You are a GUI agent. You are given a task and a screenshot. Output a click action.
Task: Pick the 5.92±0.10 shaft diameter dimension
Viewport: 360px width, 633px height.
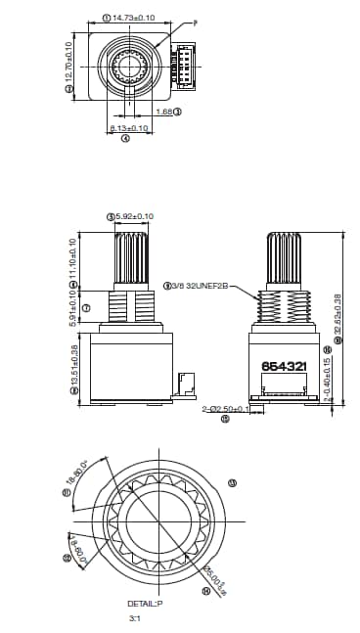[x=134, y=216]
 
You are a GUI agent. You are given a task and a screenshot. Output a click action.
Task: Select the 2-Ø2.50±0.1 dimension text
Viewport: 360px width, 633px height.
[x=226, y=409]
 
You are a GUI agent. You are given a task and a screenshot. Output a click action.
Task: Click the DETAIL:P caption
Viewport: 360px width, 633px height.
[x=145, y=604]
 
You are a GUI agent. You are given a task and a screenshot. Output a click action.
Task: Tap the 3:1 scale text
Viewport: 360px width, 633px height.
[x=134, y=618]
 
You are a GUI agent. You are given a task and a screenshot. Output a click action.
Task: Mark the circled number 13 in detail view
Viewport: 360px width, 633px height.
[x=232, y=482]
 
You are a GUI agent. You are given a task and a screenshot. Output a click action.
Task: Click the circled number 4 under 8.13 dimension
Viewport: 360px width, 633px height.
[x=125, y=139]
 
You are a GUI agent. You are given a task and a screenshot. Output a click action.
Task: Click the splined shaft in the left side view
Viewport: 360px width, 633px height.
[x=131, y=260]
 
